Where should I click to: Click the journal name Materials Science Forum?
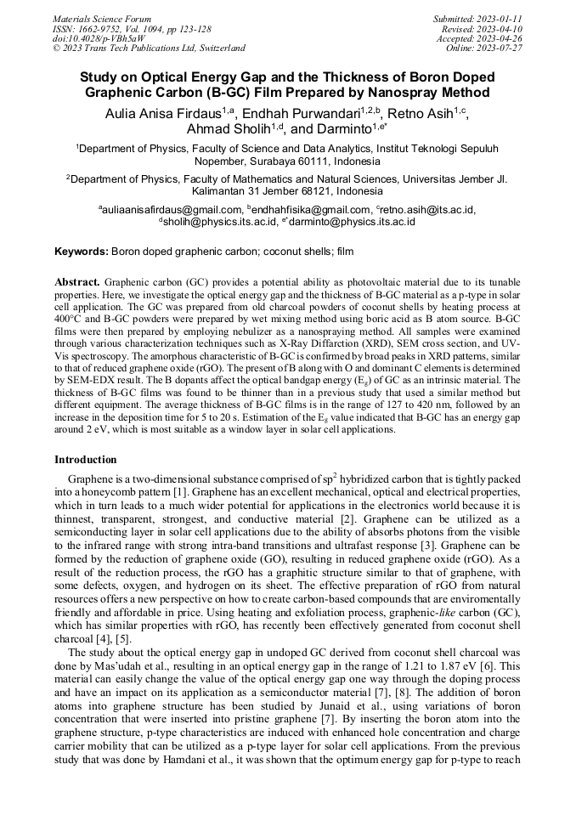(102, 18)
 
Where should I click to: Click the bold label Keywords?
(82, 252)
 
